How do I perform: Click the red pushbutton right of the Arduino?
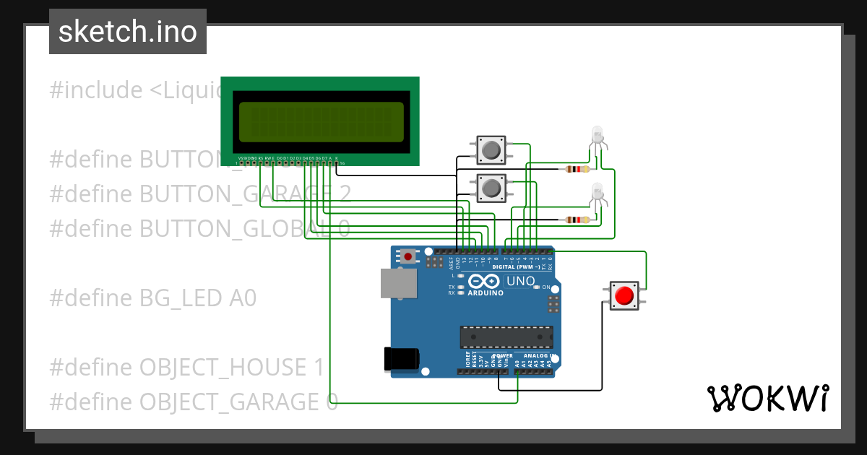[x=624, y=295]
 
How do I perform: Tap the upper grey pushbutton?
[x=491, y=149]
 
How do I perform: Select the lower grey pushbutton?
[x=491, y=188]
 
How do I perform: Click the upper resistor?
[x=576, y=169]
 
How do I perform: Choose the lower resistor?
[x=576, y=220]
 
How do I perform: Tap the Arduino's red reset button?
[x=408, y=256]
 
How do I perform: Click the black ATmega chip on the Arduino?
[x=506, y=337]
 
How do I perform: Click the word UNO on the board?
[x=521, y=281]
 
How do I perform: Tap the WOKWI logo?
[x=767, y=398]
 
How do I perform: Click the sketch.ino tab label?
[x=128, y=32]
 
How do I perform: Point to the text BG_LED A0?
[x=197, y=298]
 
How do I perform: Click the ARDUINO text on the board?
[x=486, y=293]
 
